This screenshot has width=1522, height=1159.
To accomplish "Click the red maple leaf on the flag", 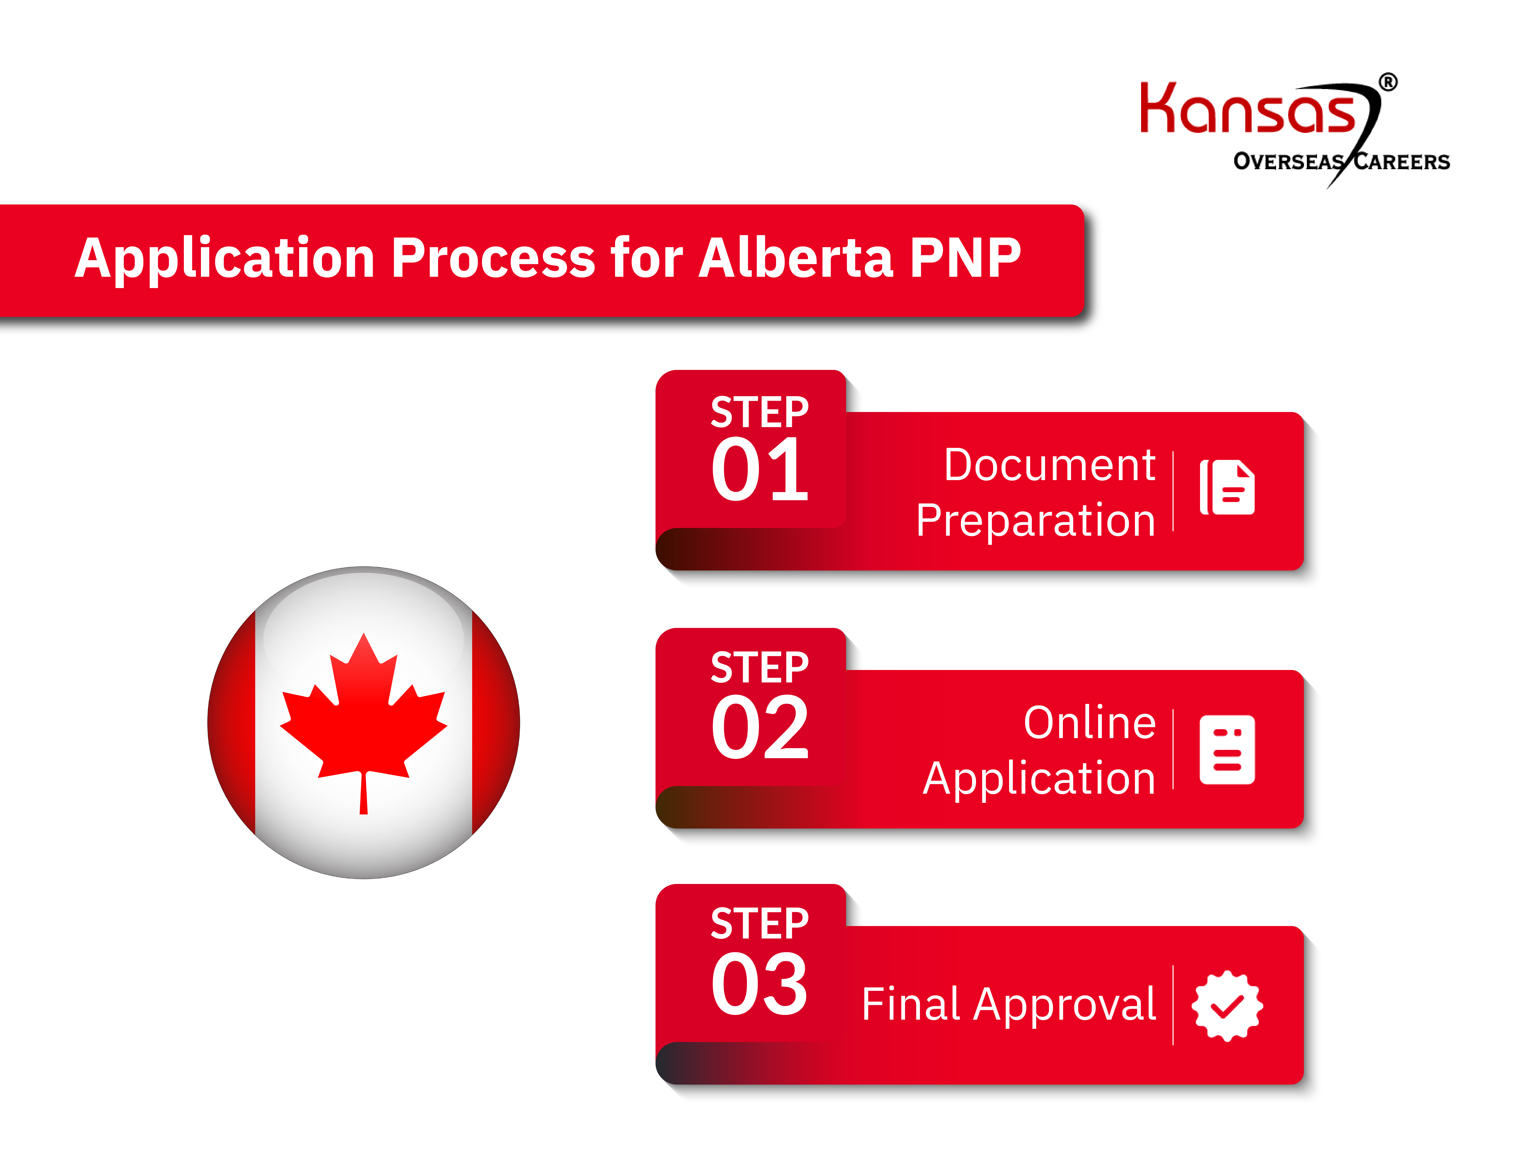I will point(363,717).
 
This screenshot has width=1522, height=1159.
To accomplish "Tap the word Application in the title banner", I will point(224,259).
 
